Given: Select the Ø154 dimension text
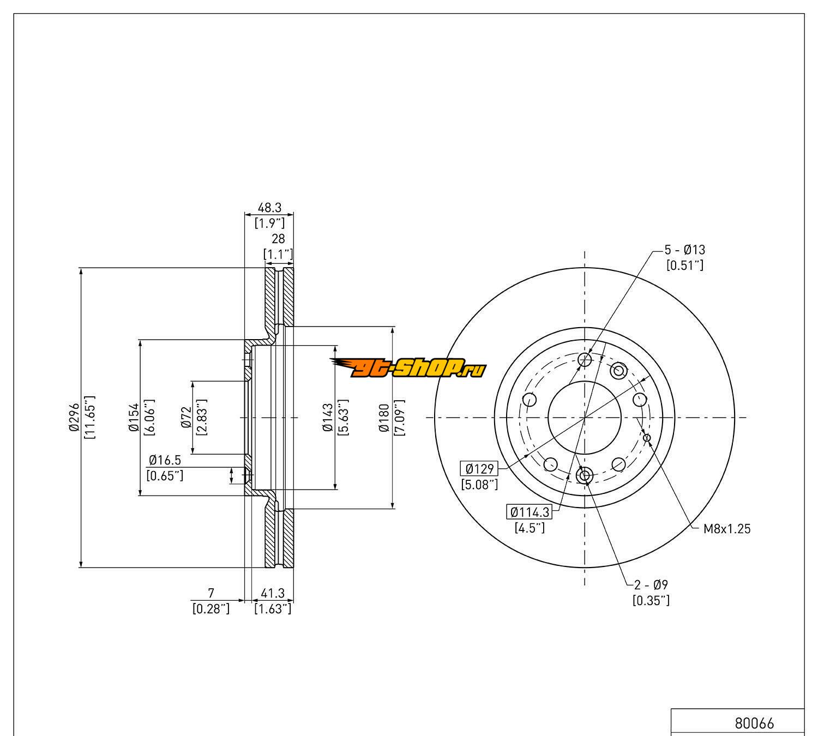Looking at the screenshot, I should (134, 418).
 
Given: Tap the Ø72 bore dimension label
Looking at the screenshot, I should (186, 418).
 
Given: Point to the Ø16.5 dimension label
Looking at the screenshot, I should (165, 461).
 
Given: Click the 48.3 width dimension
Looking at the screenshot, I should (269, 208).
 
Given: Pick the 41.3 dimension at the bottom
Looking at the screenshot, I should (273, 593).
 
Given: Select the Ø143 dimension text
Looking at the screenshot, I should (328, 418).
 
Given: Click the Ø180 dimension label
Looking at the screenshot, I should (384, 418).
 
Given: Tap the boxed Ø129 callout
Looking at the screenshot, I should (479, 468).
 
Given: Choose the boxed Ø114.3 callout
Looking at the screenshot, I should (529, 512).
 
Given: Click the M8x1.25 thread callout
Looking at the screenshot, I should (726, 528).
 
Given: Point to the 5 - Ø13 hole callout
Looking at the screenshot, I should (684, 250).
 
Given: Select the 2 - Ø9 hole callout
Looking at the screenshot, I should (651, 585).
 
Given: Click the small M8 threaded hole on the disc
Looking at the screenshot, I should (647, 437).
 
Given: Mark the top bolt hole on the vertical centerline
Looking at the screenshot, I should (585, 359).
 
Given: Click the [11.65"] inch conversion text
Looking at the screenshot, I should (91, 418).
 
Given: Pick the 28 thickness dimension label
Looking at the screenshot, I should (278, 239).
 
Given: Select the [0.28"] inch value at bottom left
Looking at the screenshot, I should (211, 608).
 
